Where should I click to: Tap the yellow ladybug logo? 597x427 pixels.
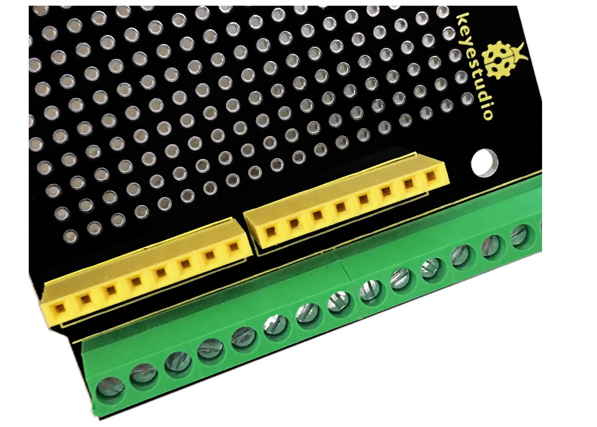[x=500, y=60]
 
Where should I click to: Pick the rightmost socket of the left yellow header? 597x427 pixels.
[x=234, y=247]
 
